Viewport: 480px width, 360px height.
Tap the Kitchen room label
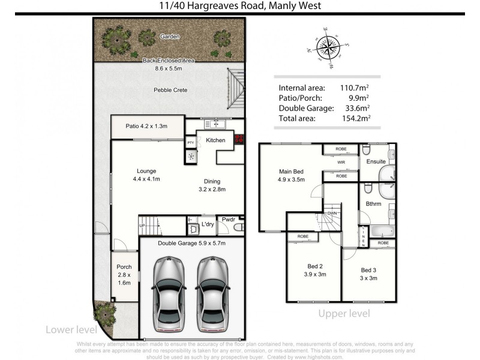tap(215, 140)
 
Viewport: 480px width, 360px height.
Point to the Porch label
tap(124, 267)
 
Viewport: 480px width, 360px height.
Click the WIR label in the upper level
tap(341, 162)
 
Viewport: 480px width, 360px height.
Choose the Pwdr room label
tap(228, 220)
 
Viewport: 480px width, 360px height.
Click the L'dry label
tap(208, 224)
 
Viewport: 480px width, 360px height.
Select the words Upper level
tap(344, 313)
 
